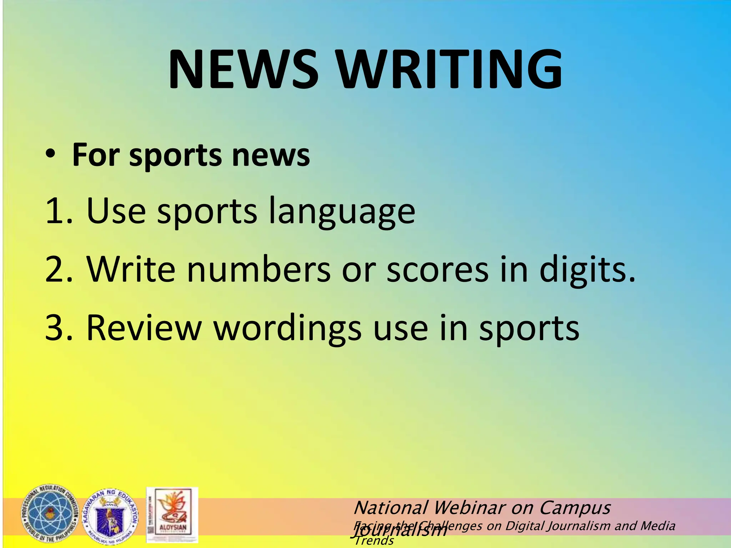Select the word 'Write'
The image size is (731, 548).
[x=131, y=270]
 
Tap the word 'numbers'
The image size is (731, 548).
[x=259, y=270]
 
